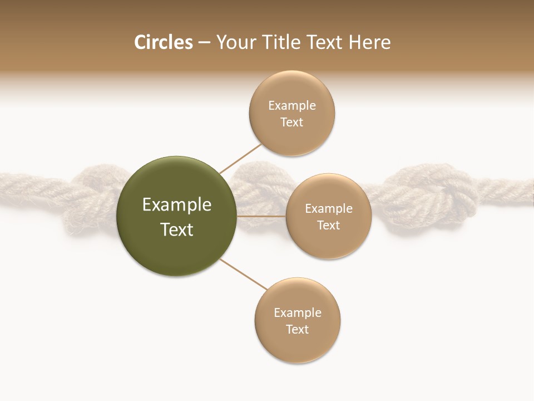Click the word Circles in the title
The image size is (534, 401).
[x=163, y=42]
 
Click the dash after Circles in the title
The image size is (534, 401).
[x=204, y=43]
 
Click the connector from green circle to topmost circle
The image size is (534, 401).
[x=240, y=158]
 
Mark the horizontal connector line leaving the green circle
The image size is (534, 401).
[x=261, y=216]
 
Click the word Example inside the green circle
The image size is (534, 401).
[x=177, y=205]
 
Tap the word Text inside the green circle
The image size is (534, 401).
[x=177, y=229]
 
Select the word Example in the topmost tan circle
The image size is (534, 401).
[x=291, y=106]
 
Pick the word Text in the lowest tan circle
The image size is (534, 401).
[x=297, y=329]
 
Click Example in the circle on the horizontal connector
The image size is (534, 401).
[x=328, y=209]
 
